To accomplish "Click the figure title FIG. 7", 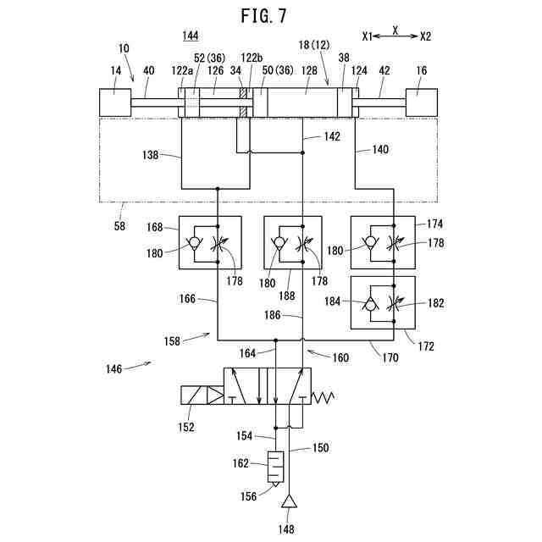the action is click(x=263, y=16).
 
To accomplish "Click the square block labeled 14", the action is click(x=115, y=102).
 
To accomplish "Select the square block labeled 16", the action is click(x=422, y=102).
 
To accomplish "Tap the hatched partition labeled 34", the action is click(x=243, y=102).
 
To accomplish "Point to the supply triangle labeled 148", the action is click(x=289, y=501).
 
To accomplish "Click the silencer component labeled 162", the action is click(x=276, y=467).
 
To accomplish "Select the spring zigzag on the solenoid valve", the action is click(x=323, y=397).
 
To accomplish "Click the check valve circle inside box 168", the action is click(x=194, y=242).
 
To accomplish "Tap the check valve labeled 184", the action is click(x=371, y=304).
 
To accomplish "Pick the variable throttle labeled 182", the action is click(x=394, y=303).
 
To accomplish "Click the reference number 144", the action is click(x=191, y=36).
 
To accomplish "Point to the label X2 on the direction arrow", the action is click(x=425, y=36).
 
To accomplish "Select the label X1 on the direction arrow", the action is click(x=368, y=36).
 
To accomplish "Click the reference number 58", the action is click(x=119, y=226).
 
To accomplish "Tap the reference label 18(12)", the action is click(x=314, y=45).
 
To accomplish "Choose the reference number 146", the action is click(x=113, y=369).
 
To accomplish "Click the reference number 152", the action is click(x=186, y=427).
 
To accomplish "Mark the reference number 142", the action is click(x=332, y=136).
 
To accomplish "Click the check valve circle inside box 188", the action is click(x=279, y=242).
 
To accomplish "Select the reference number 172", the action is click(x=426, y=346).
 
